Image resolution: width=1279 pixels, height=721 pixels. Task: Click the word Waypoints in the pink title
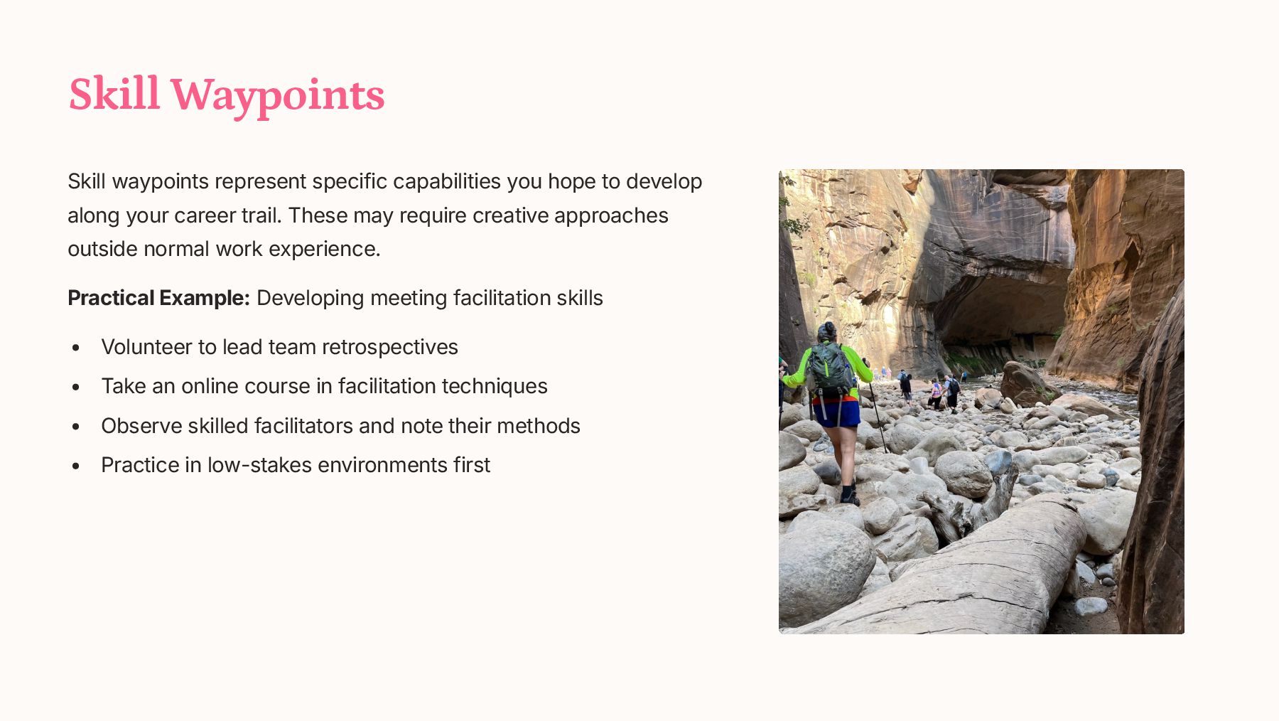click(277, 95)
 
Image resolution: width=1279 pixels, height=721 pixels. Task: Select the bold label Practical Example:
click(158, 298)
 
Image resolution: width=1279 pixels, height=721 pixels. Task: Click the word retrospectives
click(390, 348)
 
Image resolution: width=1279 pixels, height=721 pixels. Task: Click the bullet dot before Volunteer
click(76, 348)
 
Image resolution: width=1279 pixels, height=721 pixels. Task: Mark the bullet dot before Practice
click(76, 466)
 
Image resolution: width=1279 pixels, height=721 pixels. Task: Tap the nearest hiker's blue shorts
click(836, 413)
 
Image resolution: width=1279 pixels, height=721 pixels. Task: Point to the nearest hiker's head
click(826, 332)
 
